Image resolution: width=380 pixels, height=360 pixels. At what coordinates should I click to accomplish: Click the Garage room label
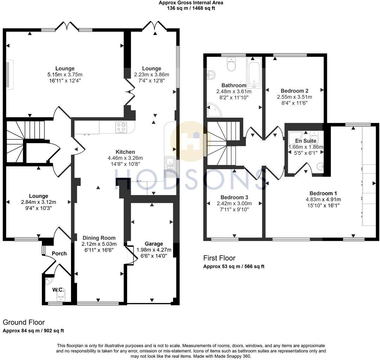(154, 244)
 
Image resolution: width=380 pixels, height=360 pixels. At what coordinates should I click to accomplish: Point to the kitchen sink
(170, 167)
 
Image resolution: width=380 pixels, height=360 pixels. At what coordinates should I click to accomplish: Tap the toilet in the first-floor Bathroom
(231, 65)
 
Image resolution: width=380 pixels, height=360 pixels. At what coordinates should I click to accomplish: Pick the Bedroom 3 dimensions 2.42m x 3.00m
(234, 203)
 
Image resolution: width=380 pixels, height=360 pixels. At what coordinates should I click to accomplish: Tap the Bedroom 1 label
(323, 193)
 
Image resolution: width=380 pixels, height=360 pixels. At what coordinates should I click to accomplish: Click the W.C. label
(58, 290)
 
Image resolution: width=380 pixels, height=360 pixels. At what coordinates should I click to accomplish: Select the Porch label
(59, 253)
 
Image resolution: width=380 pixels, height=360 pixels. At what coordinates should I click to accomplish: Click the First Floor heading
(219, 258)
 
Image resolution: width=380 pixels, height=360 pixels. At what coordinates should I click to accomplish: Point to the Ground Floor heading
(24, 322)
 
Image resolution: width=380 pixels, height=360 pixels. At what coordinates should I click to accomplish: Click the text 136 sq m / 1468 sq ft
(191, 8)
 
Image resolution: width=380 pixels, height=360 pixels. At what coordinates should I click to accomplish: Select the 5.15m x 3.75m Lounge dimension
(65, 75)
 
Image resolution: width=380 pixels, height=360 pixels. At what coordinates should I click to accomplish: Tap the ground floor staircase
(25, 141)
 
